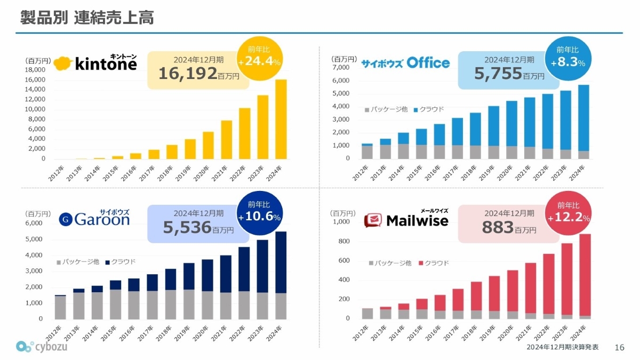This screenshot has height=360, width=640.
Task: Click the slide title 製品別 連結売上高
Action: point(87,17)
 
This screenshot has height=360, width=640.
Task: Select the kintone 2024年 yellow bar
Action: point(281,119)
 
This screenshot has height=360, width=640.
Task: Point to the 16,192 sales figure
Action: point(188,73)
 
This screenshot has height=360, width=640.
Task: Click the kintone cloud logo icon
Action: point(63,63)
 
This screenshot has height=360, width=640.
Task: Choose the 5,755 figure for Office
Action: point(498,73)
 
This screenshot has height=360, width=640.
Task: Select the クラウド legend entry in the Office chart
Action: point(428,109)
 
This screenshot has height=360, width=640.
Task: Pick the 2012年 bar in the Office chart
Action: point(367,151)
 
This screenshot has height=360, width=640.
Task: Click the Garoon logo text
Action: point(101,219)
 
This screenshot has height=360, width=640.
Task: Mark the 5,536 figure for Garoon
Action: point(188,228)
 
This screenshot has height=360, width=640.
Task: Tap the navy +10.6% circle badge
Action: point(259,213)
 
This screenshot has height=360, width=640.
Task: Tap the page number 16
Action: point(619,347)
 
